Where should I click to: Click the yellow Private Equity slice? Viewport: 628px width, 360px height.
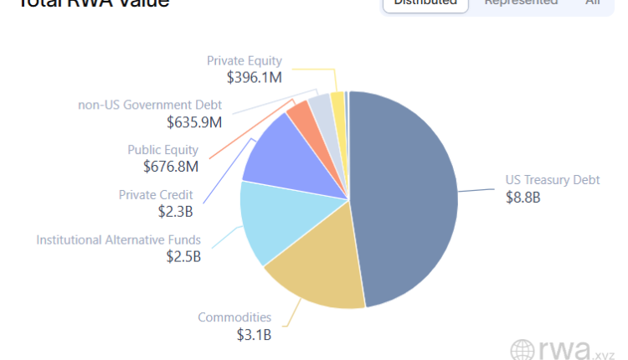pos(337,101)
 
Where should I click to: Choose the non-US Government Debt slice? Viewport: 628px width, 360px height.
pos(319,107)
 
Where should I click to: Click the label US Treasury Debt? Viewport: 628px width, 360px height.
pos(552,180)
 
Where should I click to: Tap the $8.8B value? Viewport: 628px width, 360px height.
pos(522,198)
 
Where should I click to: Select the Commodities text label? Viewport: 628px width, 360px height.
pos(234,317)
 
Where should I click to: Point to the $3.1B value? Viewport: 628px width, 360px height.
pos(254,335)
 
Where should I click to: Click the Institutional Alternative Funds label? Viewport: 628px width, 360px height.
pos(118,240)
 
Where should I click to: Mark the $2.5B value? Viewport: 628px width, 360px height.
pos(183,257)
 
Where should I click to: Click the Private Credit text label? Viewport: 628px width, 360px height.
pos(156,195)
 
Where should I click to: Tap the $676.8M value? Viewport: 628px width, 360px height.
pos(171,167)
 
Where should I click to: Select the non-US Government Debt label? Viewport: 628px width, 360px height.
pos(150,105)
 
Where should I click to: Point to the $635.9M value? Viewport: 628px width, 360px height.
pos(194,122)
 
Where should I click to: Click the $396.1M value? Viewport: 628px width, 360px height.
pos(255,77)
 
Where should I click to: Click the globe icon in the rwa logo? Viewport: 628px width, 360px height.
pos(522,350)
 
